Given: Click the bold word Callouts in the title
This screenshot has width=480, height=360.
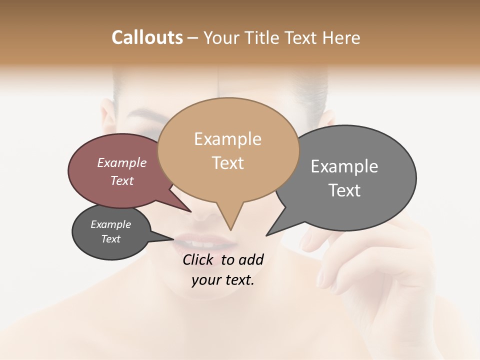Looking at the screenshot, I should click(x=147, y=37).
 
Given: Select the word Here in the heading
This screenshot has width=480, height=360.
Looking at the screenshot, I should click(x=342, y=37).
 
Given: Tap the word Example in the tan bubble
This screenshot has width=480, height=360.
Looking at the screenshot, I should click(x=227, y=139).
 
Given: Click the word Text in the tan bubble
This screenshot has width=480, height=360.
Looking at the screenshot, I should click(x=227, y=162).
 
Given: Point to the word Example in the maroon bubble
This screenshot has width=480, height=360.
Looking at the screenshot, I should click(x=122, y=162).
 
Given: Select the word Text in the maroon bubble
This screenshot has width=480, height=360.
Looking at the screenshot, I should click(x=122, y=180).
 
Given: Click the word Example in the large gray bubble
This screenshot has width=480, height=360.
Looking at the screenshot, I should click(x=344, y=166).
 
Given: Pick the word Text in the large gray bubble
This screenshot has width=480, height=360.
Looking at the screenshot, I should click(x=344, y=190).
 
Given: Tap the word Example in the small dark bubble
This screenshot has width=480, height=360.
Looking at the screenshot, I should click(x=110, y=224).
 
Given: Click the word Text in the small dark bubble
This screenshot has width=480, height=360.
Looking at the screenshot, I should click(x=110, y=239).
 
